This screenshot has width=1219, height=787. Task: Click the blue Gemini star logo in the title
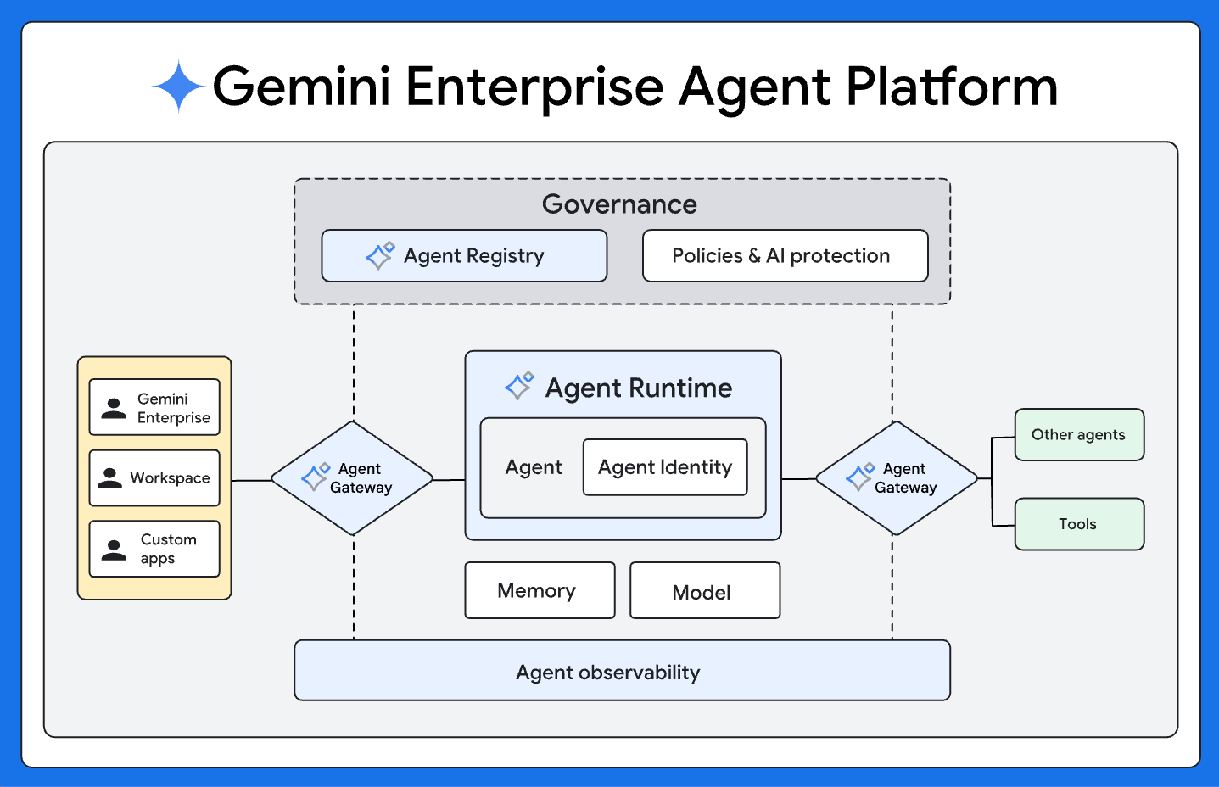pyautogui.click(x=178, y=86)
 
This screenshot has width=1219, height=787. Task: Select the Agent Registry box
pyautogui.click(x=464, y=255)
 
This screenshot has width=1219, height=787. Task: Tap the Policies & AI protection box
pyautogui.click(x=785, y=255)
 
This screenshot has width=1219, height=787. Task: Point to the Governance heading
pyautogui.click(x=619, y=204)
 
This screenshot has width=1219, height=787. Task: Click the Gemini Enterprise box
pyautogui.click(x=154, y=407)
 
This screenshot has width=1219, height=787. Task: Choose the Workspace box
pyautogui.click(x=154, y=478)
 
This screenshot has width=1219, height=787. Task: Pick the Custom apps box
pyautogui.click(x=154, y=549)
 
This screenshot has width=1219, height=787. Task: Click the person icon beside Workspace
pyautogui.click(x=109, y=478)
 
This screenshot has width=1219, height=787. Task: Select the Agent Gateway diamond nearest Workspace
pyautogui.click(x=353, y=478)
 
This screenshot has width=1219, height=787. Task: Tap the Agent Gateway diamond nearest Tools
pyautogui.click(x=897, y=478)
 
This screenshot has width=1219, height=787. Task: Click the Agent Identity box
pyautogui.click(x=665, y=467)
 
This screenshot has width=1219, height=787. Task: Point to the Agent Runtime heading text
pyautogui.click(x=639, y=388)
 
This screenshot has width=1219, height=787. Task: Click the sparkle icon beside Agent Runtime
pyautogui.click(x=519, y=385)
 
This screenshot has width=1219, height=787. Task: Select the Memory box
pyautogui.click(x=540, y=590)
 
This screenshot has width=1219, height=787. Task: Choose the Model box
pyautogui.click(x=704, y=591)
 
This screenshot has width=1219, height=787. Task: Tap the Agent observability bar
pyautogui.click(x=622, y=671)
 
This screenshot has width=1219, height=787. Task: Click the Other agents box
pyautogui.click(x=1079, y=435)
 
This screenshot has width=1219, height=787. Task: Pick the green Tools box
pyautogui.click(x=1079, y=524)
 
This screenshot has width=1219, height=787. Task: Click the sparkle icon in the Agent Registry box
pyautogui.click(x=379, y=254)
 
